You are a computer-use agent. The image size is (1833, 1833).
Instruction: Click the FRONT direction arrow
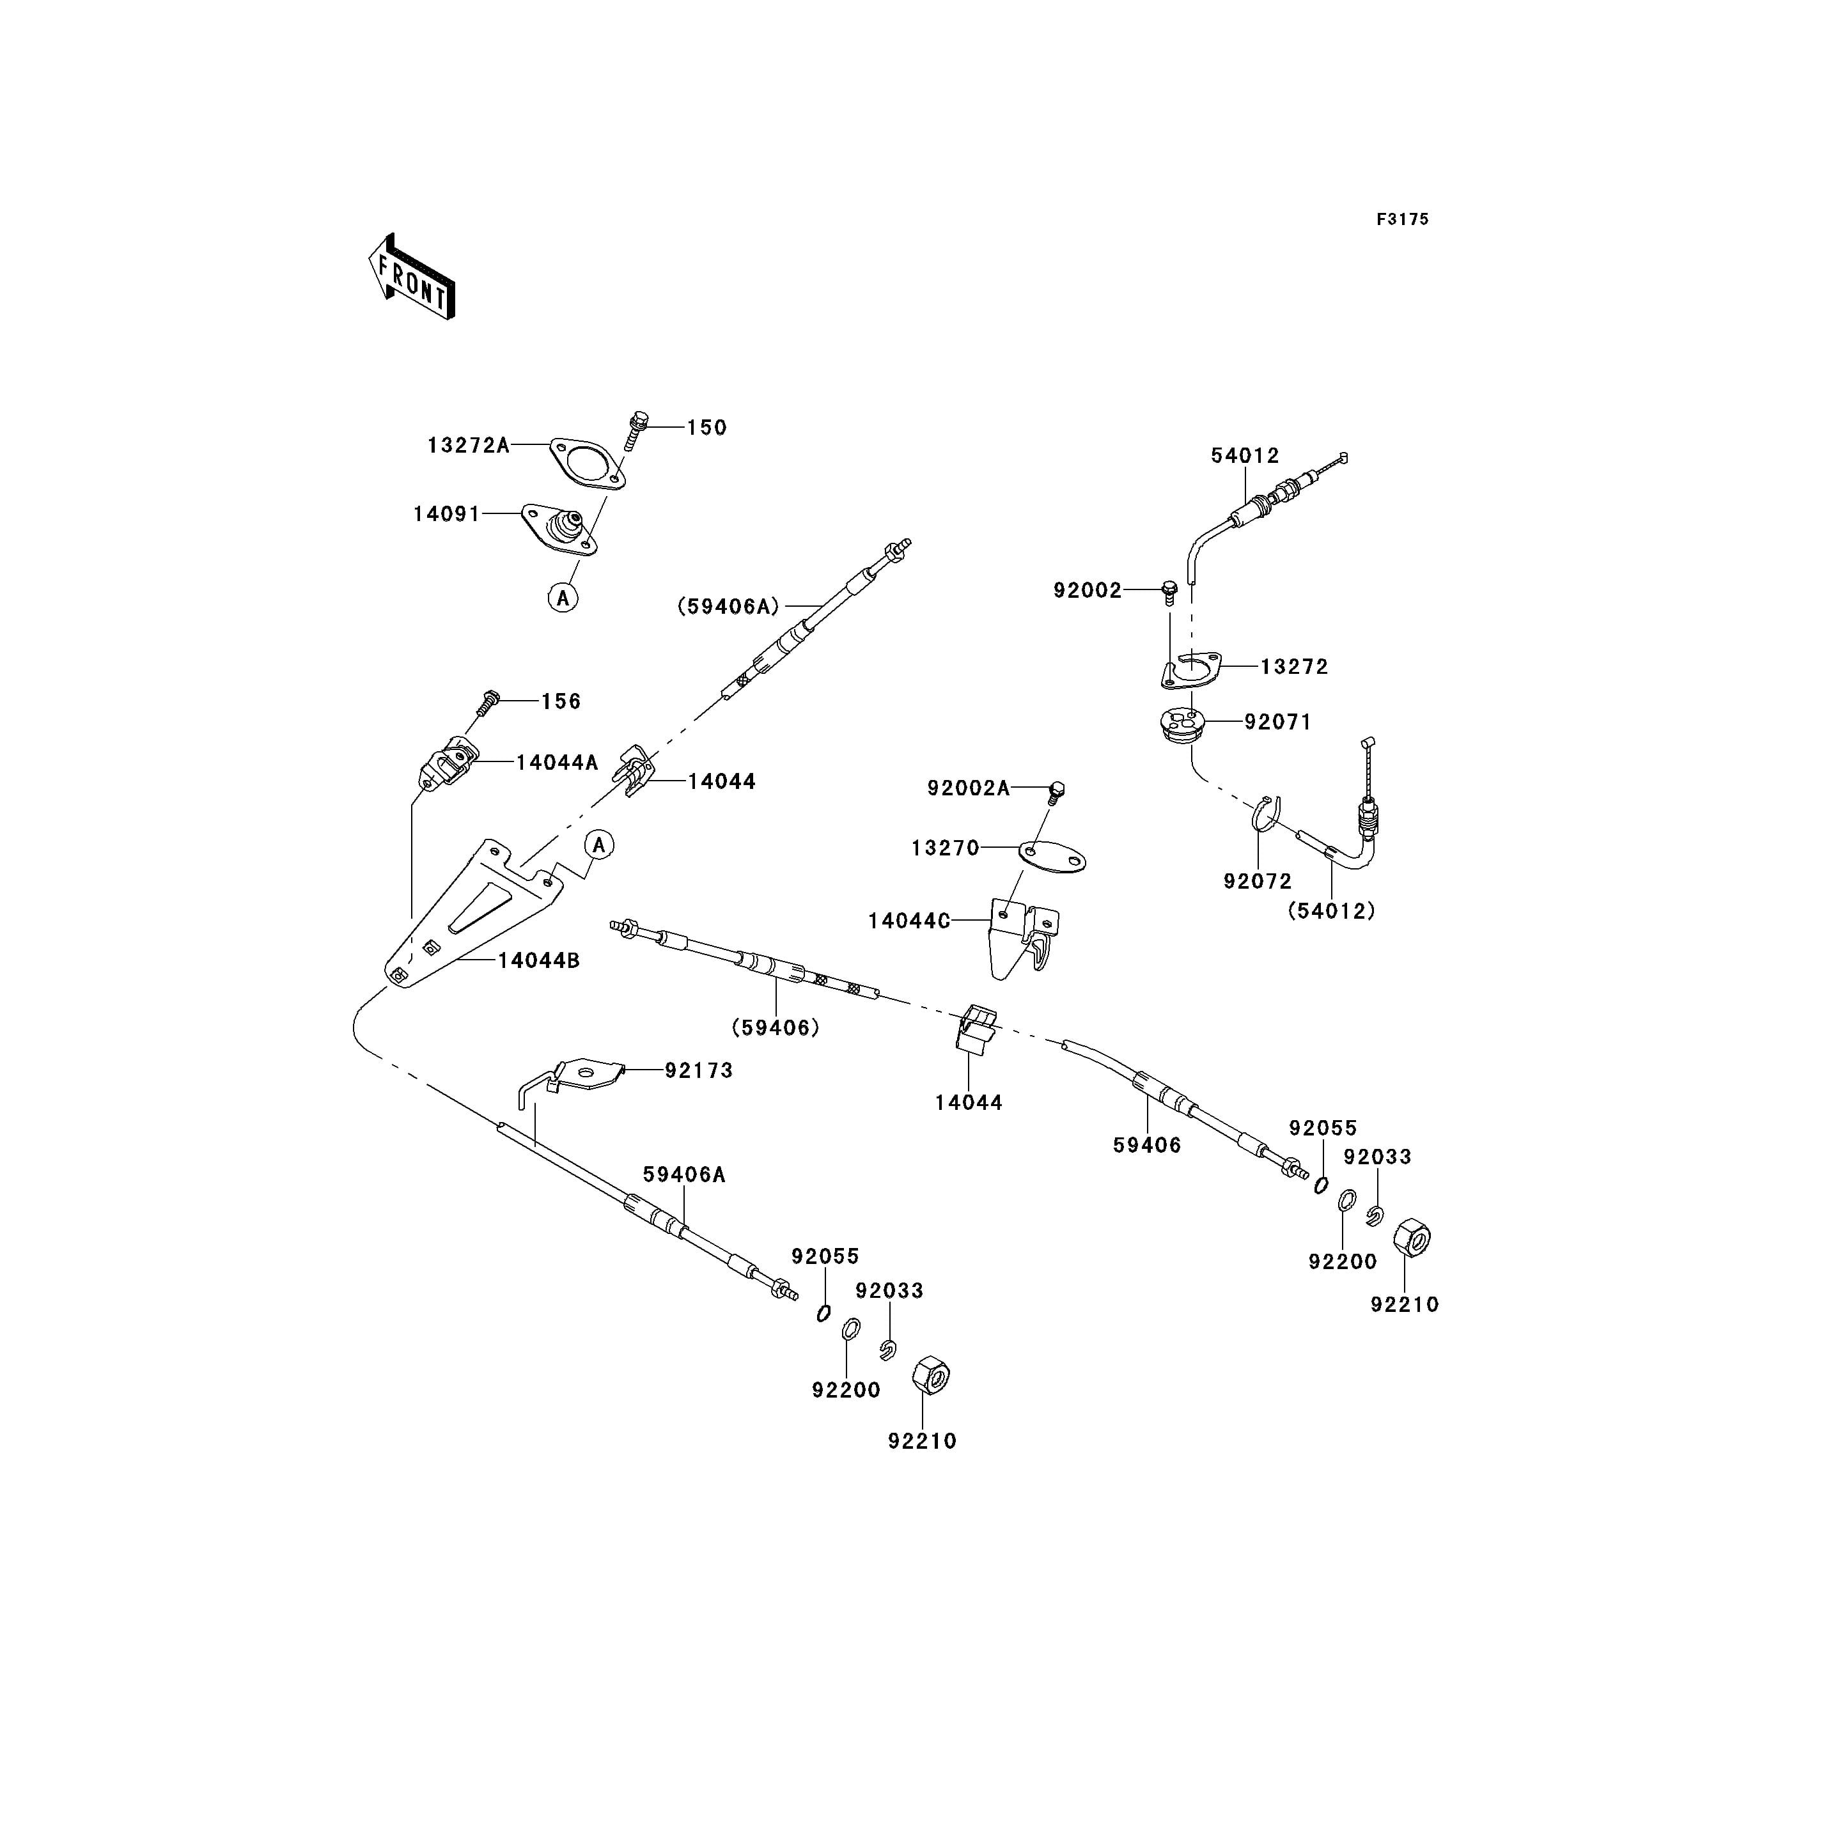[412, 276]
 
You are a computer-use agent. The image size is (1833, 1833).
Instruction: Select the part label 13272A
[469, 445]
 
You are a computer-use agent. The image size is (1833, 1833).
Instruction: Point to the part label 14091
[447, 514]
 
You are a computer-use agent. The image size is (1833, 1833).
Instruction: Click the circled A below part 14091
[563, 598]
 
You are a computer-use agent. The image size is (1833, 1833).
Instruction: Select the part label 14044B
[539, 960]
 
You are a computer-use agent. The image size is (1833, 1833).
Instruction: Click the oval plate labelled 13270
[1052, 856]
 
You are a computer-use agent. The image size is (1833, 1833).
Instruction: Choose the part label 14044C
[909, 921]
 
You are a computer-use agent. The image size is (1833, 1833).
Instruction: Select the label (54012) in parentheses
[1331, 911]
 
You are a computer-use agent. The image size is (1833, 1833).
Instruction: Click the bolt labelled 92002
[1170, 592]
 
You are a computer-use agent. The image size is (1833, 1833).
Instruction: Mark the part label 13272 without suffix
[1294, 667]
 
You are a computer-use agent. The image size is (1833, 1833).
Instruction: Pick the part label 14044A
[557, 762]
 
